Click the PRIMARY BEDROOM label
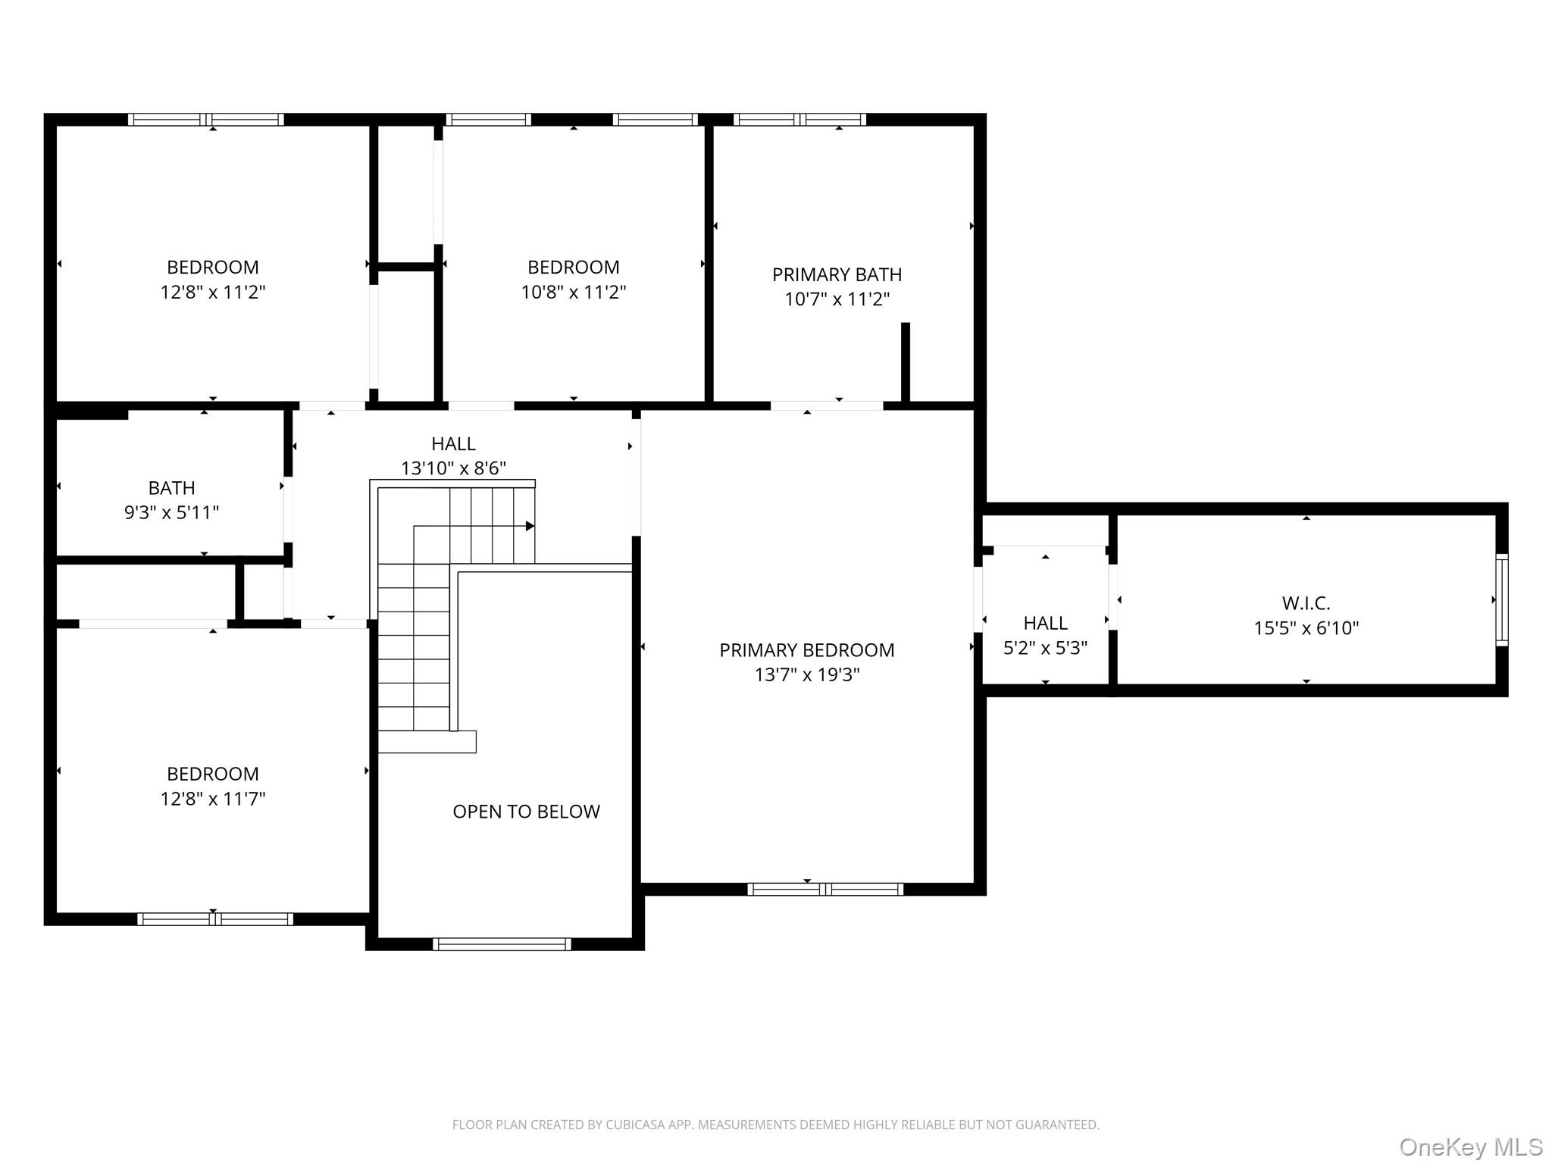click(x=806, y=650)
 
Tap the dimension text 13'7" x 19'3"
click(x=806, y=674)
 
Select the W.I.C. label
click(x=1306, y=603)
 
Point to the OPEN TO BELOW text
click(x=526, y=812)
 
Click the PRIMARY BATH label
click(x=837, y=274)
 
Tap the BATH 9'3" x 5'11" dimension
click(x=171, y=512)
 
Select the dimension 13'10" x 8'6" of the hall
click(x=453, y=468)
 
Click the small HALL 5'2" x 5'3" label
click(x=1045, y=624)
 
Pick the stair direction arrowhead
click(x=530, y=526)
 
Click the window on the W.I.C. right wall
click(x=1501, y=599)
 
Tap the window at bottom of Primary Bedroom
click(x=825, y=889)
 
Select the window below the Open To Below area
click(x=502, y=943)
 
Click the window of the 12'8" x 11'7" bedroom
click(x=214, y=918)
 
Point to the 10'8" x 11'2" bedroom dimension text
click(x=573, y=292)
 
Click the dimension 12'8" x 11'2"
click(x=212, y=292)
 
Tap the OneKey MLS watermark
click(x=1470, y=1147)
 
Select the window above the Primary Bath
click(x=799, y=119)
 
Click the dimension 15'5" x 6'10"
click(x=1306, y=627)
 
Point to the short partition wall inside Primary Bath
click(x=905, y=362)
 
